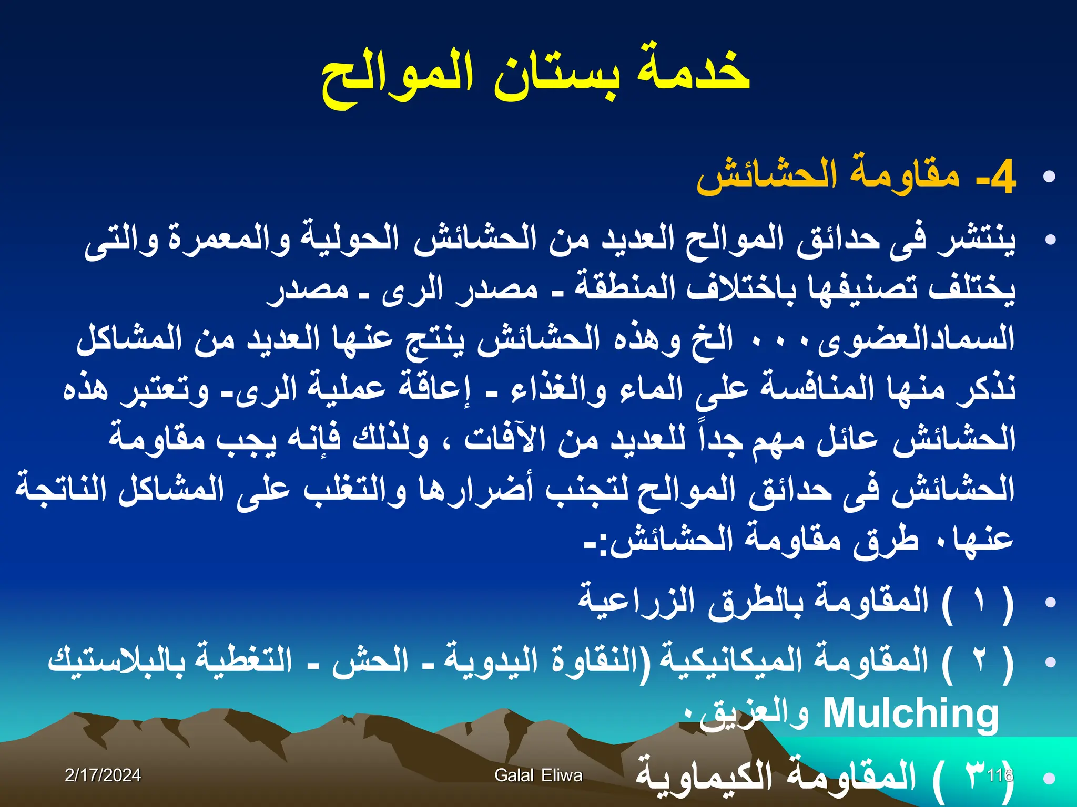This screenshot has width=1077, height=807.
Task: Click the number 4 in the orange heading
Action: tap(1002, 178)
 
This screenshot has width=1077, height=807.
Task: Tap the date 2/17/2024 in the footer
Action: tap(103, 775)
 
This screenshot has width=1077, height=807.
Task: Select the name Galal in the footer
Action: tap(514, 775)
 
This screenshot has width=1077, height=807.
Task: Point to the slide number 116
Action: tap(1000, 775)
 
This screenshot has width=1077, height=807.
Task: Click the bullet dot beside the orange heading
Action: tap(1049, 177)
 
